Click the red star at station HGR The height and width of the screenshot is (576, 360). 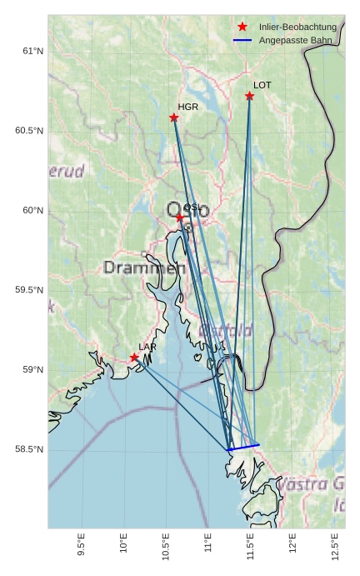click(173, 118)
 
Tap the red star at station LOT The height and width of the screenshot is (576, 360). click(249, 96)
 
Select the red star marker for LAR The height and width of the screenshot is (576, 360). click(134, 358)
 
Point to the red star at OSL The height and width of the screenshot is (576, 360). click(179, 217)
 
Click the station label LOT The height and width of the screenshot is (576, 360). click(262, 85)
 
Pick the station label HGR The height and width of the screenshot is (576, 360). click(187, 107)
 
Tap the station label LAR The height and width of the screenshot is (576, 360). click(147, 347)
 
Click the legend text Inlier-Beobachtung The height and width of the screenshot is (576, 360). click(297, 27)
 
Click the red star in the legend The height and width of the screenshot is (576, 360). click(242, 27)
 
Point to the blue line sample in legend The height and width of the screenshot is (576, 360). click(242, 40)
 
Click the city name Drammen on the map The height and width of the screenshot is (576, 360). click(144, 268)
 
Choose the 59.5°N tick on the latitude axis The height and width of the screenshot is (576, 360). click(29, 290)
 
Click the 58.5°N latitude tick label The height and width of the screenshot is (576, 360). click(29, 449)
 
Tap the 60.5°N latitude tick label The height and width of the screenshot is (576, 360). click(29, 131)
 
